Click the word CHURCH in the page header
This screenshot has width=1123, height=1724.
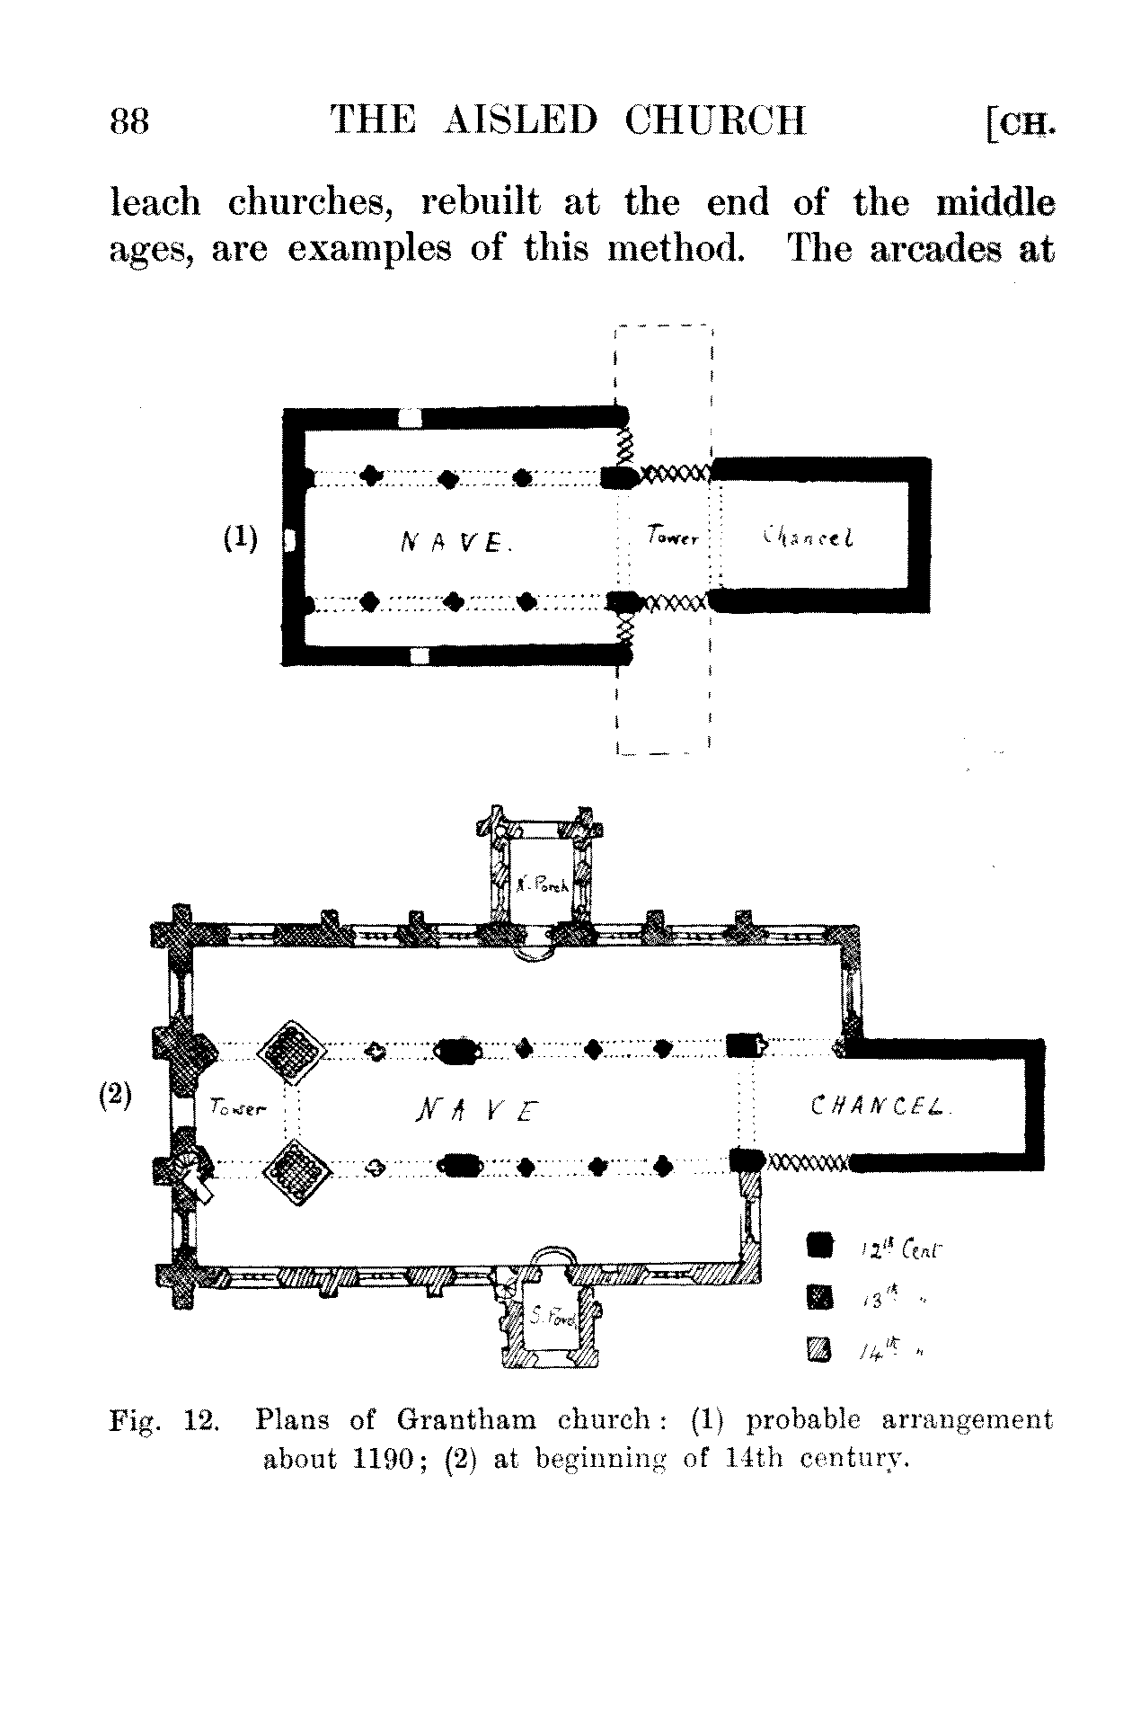point(715,120)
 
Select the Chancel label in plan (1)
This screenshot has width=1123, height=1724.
point(808,538)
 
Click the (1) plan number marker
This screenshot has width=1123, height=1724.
point(240,538)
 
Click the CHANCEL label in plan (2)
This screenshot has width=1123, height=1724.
point(880,1106)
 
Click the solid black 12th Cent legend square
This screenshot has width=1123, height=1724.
point(819,1245)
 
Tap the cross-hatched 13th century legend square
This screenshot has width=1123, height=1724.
point(819,1297)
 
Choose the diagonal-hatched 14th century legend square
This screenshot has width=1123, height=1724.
point(819,1348)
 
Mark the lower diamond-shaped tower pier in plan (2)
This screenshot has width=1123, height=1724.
point(297,1172)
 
